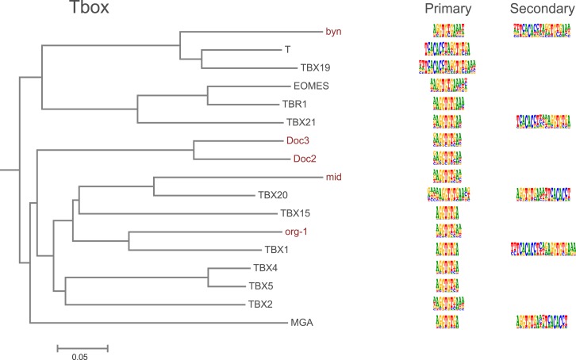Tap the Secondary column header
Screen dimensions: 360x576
[x=537, y=10]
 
